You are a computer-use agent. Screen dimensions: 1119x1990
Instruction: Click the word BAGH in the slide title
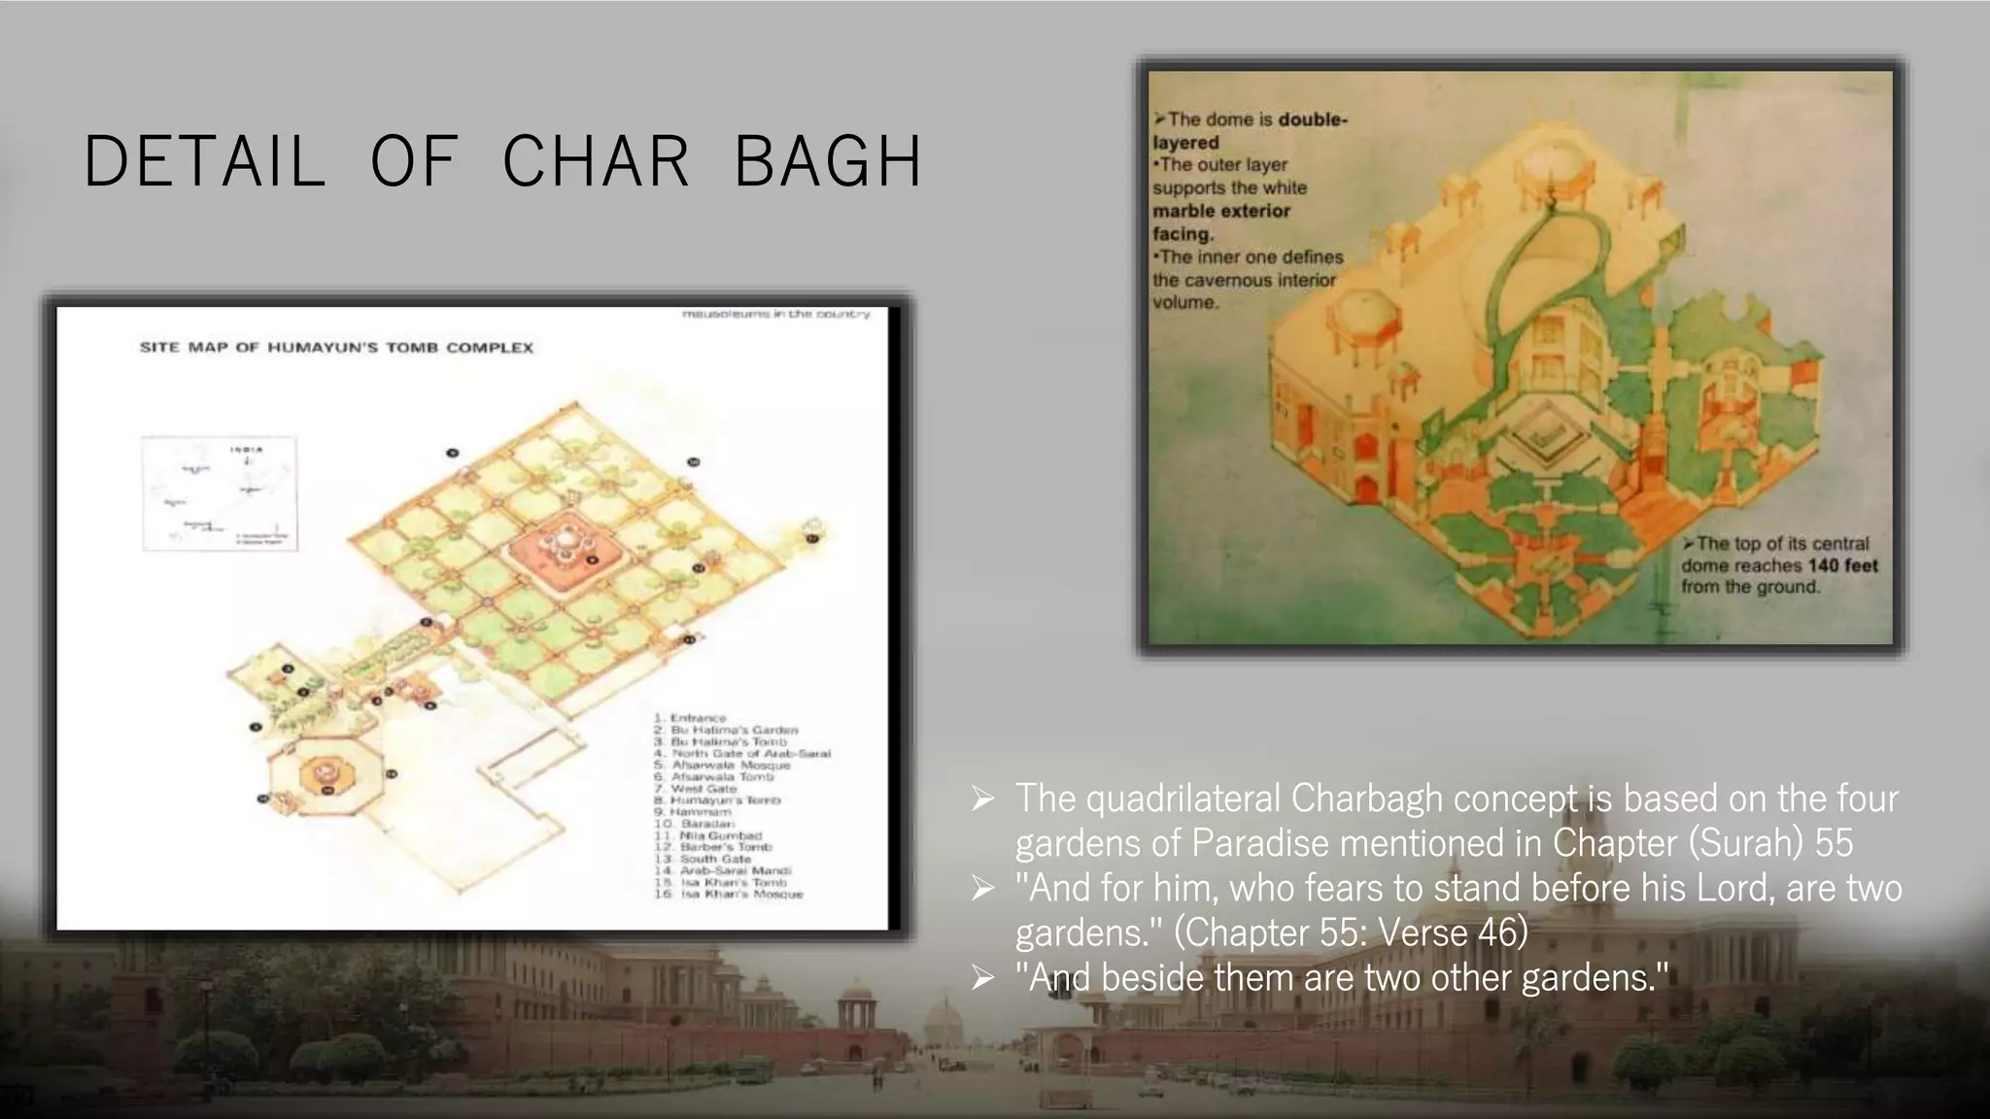click(x=828, y=161)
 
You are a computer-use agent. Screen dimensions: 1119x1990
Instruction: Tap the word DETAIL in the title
click(x=205, y=161)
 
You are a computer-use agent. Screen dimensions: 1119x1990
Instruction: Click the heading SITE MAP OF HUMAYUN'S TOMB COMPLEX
click(x=336, y=347)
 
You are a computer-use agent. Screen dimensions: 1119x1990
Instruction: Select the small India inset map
click(x=220, y=493)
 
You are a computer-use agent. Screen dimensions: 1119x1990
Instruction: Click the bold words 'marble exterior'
click(x=1221, y=211)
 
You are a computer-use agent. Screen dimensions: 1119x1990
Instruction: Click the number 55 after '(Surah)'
click(x=1834, y=843)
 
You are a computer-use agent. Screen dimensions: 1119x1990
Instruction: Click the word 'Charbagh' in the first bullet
click(x=1366, y=798)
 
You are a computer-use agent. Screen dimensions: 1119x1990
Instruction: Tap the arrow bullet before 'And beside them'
click(x=983, y=978)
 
